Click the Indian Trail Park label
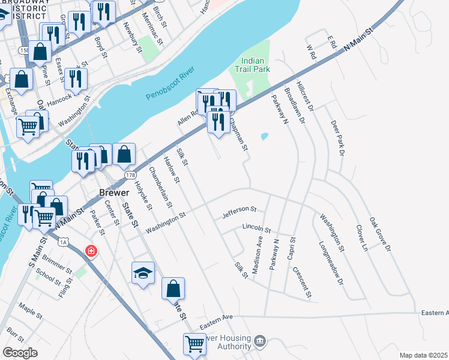coord(255,65)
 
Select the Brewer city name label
coord(113,193)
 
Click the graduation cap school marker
coord(143,274)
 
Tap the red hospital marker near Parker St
coord(91,250)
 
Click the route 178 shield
coord(131,175)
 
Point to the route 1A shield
coord(64,242)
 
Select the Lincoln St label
coord(257,229)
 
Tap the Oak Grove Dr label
coord(380,234)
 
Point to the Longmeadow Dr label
coord(331,263)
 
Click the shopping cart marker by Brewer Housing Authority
coord(194,344)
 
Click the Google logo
coord(20,353)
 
